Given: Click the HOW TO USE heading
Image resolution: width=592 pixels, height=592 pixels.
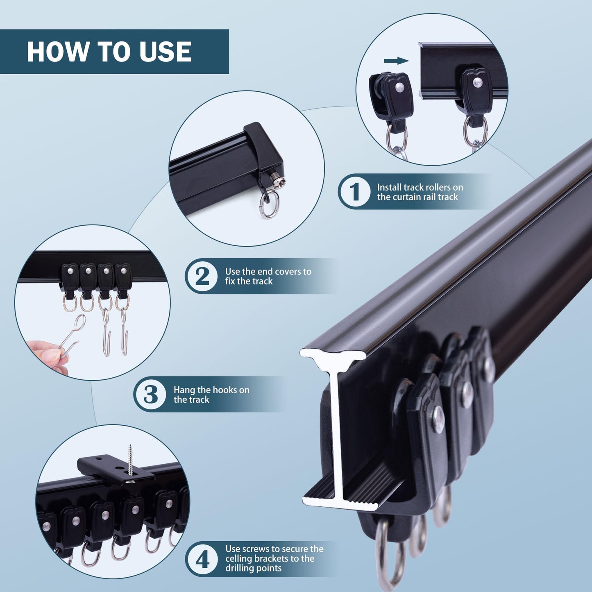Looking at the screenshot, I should pyautogui.click(x=109, y=52).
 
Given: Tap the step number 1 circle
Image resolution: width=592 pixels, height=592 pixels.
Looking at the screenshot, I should pyautogui.click(x=355, y=191).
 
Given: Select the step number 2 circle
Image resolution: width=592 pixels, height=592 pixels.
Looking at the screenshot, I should pyautogui.click(x=202, y=276).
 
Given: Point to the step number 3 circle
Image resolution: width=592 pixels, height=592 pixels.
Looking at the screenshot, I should pyautogui.click(x=151, y=394).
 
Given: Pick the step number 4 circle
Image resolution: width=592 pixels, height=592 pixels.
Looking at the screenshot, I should pyautogui.click(x=202, y=559).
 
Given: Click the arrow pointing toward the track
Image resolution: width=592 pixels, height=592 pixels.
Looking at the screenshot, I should pyautogui.click(x=396, y=61).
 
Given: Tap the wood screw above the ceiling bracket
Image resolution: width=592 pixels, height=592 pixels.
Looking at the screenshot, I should pyautogui.click(x=130, y=460).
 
